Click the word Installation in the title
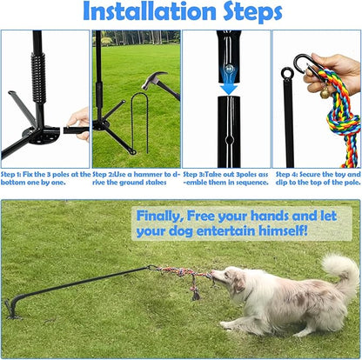[150, 11]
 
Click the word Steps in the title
[252, 13]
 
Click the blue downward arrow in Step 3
[229, 82]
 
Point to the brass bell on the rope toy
[325, 92]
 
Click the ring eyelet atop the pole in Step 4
[287, 73]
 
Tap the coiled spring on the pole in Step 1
[38, 77]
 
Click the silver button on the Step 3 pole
[230, 69]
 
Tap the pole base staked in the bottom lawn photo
[11, 308]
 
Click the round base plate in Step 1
[44, 136]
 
